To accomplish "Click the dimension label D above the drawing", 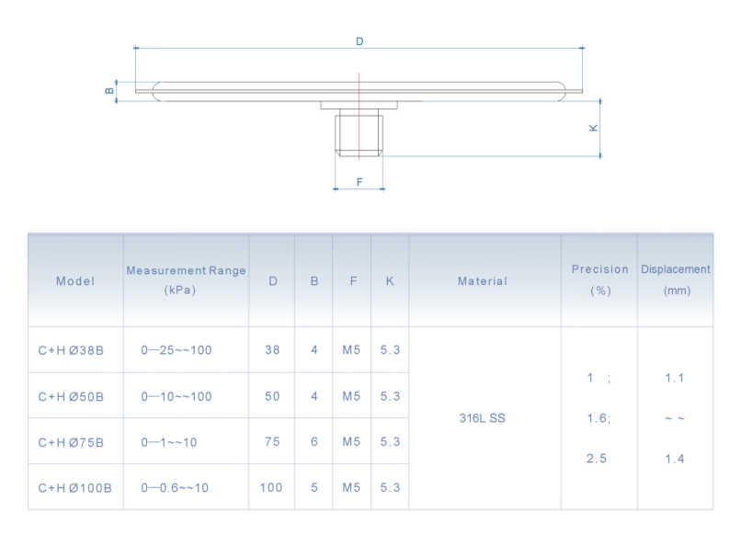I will point(359,41).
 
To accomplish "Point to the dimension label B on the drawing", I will point(108,90).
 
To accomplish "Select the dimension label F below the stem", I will point(359,182).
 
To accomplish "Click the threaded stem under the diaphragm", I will point(359,133).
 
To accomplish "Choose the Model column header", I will point(75,281).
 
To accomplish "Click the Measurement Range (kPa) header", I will point(186,279).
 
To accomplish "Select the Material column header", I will point(483,281).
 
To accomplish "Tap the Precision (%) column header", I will point(599,279).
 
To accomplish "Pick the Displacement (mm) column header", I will point(676,279).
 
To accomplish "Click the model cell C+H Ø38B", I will point(71,350).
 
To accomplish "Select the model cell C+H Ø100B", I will point(74,487).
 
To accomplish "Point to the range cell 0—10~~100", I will point(177,396).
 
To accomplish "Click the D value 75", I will point(272,441).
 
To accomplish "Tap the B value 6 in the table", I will point(314,441).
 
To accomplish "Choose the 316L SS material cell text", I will point(482,418).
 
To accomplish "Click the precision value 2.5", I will point(597,458).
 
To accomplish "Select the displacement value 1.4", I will point(675,458).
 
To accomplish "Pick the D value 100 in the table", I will point(271,487).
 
